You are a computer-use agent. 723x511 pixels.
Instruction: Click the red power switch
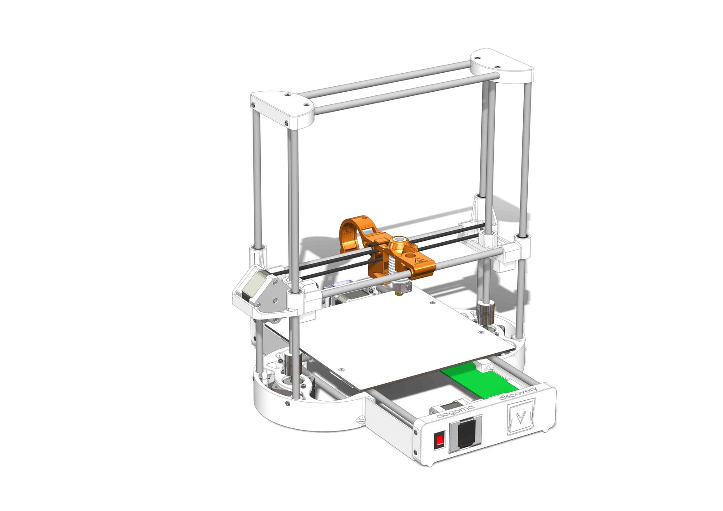pyautogui.click(x=439, y=441)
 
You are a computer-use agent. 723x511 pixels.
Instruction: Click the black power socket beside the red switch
pyautogui.click(x=466, y=433)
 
